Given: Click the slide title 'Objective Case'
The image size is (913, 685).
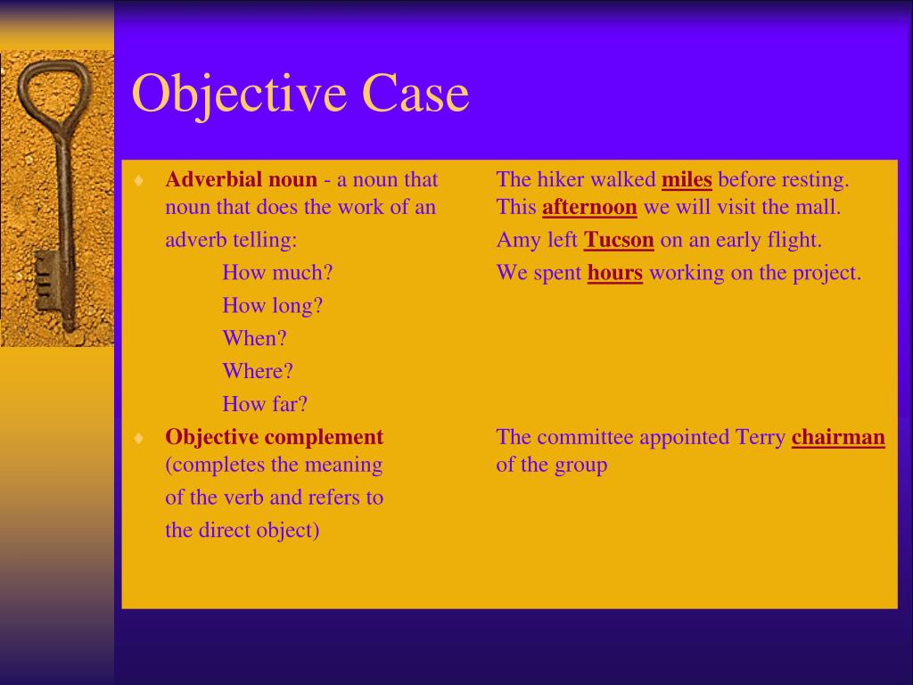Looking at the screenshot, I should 300,94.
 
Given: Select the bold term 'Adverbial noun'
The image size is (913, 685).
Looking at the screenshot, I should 241,179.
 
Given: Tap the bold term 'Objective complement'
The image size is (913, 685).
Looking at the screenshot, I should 274,437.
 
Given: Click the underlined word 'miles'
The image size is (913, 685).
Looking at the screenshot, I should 686,179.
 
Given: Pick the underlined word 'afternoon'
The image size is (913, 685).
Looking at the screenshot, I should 589,208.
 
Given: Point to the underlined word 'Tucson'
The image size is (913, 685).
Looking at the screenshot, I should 619,240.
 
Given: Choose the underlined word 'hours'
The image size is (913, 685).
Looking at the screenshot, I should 614,273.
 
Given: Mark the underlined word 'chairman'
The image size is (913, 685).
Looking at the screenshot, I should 837,437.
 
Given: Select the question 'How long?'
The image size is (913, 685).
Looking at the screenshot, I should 272,306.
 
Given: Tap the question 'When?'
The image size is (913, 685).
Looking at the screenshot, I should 254,339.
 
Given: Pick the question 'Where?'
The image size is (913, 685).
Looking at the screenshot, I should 258,371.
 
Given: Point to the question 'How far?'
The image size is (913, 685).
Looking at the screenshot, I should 265,404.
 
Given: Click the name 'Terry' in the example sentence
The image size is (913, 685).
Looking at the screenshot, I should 760,437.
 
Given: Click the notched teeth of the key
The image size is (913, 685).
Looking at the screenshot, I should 44,281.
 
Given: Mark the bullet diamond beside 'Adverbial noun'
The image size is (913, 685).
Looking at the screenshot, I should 138,180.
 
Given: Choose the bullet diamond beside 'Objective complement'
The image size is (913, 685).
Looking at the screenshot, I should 138,438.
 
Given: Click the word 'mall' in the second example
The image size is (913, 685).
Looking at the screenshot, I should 820,208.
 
